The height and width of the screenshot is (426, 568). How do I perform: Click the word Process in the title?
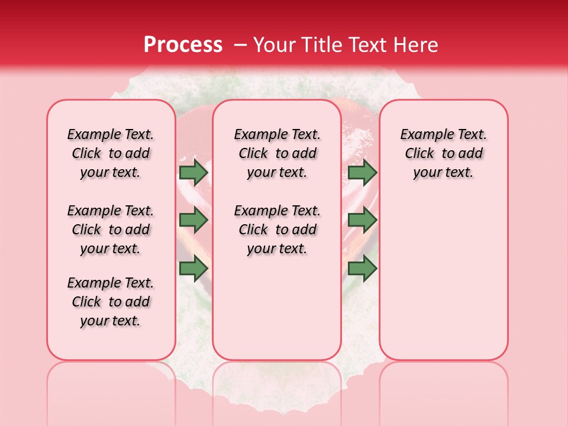183,45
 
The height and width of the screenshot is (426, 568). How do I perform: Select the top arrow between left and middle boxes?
193,172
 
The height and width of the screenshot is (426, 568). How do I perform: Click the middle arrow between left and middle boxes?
193,220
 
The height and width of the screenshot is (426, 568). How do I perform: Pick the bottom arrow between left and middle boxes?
193,269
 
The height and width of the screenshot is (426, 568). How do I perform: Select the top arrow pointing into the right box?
362,172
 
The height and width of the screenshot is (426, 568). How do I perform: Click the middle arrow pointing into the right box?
362,220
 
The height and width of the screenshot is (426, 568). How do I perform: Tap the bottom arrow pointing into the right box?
362,269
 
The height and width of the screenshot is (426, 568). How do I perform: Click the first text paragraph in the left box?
111,153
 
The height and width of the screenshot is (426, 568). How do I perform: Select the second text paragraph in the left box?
111,230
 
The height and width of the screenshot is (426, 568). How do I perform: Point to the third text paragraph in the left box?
111,302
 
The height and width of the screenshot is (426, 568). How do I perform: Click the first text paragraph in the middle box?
277,153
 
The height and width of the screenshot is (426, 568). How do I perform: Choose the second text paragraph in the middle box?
277,230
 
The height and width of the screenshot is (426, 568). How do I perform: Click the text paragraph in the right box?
443,153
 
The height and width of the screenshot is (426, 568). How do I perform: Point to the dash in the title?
240,45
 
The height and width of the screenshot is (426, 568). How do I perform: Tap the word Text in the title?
364,45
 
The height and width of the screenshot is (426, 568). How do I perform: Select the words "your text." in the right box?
443,172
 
